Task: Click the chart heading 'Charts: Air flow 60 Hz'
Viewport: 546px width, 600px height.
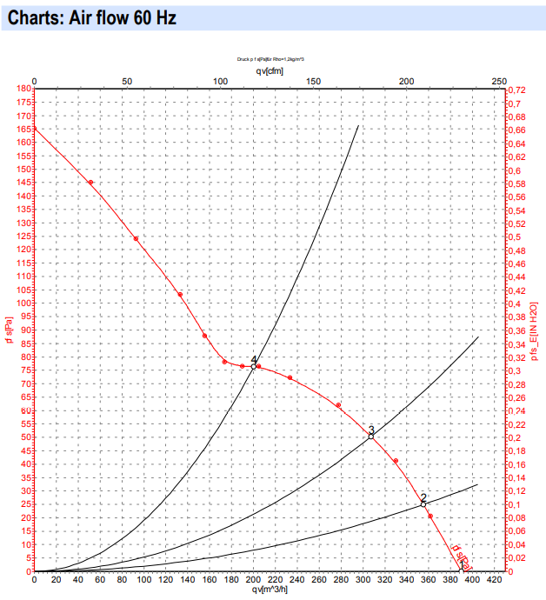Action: click(x=91, y=17)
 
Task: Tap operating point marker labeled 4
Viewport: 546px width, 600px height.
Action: click(x=253, y=367)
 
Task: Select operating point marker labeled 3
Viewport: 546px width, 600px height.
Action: click(x=370, y=437)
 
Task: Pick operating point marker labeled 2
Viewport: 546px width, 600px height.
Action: click(x=423, y=503)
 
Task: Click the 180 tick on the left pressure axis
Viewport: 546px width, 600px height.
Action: click(x=23, y=89)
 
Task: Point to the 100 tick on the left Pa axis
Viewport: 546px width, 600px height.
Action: click(x=23, y=303)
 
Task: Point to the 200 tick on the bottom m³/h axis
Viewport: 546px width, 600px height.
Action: click(x=252, y=579)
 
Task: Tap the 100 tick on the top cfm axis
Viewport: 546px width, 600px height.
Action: click(x=220, y=81)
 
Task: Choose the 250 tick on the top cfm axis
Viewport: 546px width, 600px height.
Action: click(x=498, y=81)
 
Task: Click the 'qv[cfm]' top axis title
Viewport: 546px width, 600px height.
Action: click(x=269, y=70)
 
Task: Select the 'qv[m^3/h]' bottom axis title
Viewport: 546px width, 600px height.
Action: click(x=269, y=590)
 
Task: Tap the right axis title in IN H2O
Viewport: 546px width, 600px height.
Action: click(x=533, y=331)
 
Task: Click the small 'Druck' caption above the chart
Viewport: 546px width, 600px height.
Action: click(x=270, y=59)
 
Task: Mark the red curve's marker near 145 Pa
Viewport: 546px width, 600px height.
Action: click(x=90, y=183)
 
